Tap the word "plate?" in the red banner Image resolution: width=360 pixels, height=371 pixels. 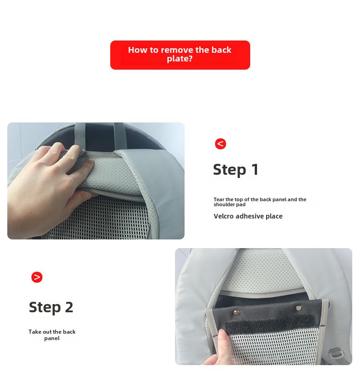click(180, 59)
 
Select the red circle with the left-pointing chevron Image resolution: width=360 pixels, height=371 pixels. click(221, 144)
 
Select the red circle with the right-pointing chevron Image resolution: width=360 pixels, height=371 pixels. click(37, 277)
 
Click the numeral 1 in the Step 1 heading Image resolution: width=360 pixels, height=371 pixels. click(255, 169)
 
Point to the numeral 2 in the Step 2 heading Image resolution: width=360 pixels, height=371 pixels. click(69, 307)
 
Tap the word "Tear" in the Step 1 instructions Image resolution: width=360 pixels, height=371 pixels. click(219, 199)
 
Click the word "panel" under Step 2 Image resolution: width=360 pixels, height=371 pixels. click(52, 338)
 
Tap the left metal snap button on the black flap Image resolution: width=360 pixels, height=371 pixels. click(237, 313)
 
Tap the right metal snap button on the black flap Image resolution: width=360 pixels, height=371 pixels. click(298, 308)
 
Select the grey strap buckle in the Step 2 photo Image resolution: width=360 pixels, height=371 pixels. click(336, 353)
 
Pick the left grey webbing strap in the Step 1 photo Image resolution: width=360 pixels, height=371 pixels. click(80, 136)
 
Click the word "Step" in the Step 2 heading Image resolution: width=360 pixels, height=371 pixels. click(45, 307)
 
